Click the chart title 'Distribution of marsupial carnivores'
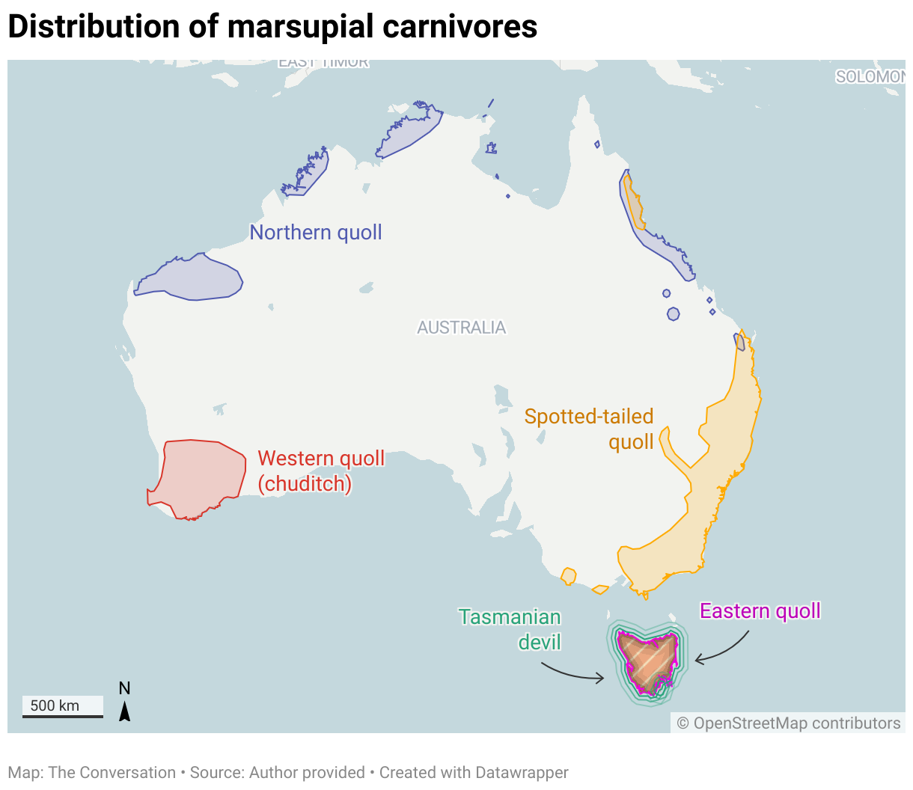(272, 27)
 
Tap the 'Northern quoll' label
(315, 233)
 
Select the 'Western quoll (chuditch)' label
(321, 471)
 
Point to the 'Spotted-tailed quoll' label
(590, 429)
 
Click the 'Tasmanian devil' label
(510, 629)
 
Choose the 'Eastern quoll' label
(760, 611)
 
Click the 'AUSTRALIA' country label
(461, 328)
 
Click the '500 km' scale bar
(62, 707)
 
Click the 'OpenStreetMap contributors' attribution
(789, 723)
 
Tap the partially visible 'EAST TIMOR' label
(323, 63)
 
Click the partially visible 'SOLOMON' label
(870, 77)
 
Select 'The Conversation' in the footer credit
(112, 773)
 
